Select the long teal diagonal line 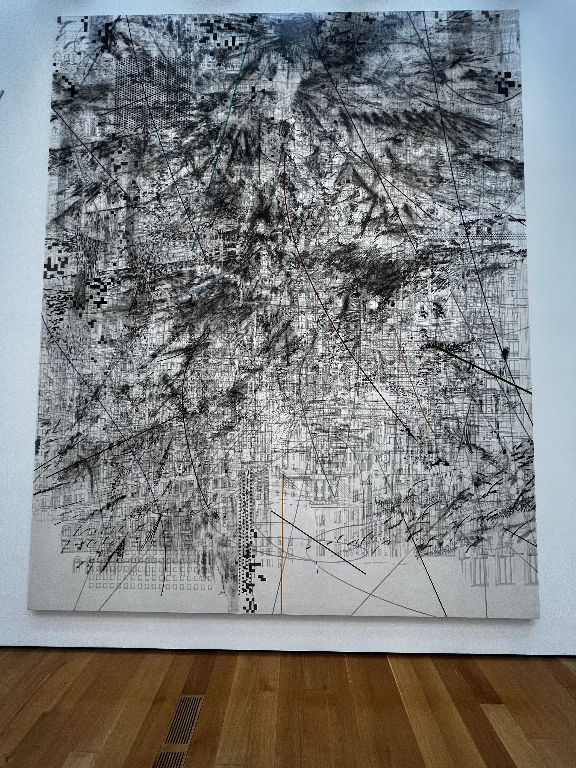coord(222,139)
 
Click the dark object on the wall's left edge coord(2,94)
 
